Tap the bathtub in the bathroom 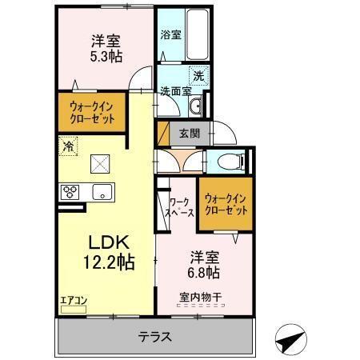(196, 36)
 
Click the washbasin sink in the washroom (196, 106)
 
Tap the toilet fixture (232, 160)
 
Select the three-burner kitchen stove (70, 192)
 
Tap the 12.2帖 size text (106, 262)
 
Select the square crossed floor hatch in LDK (99, 162)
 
